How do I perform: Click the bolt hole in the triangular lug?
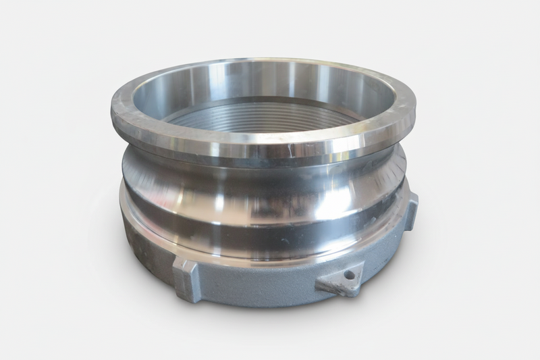(348, 276)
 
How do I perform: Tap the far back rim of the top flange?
(263, 62)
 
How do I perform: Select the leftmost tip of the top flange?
(112, 109)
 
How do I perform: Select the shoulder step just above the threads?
(263, 102)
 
